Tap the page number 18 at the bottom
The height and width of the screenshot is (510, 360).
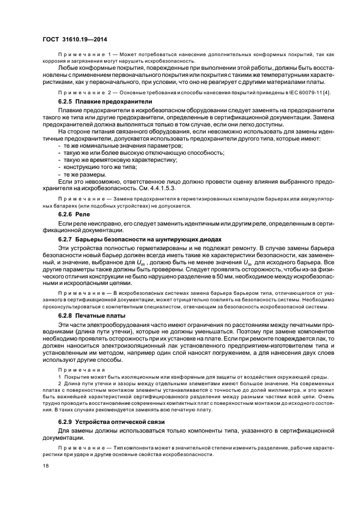45,464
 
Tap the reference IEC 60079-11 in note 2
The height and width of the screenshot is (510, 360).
304,93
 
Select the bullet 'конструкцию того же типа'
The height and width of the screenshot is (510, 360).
99,167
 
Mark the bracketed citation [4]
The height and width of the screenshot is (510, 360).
326,93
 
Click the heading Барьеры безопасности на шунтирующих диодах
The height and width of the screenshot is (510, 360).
144,240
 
